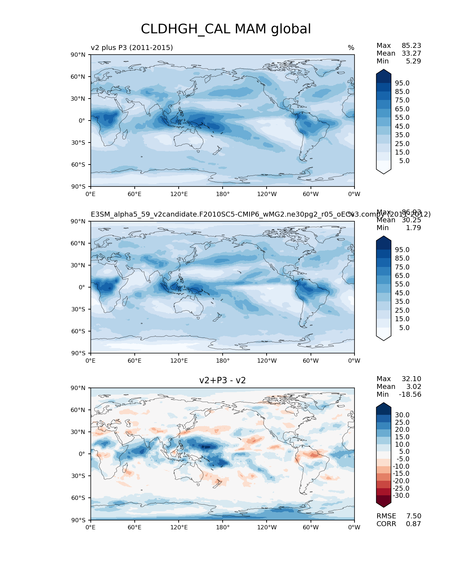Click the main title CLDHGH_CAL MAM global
pos(226,29)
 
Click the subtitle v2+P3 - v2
pos(222,380)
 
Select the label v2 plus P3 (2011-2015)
pos(132,48)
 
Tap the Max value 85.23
pos(411,46)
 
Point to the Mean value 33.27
pos(411,54)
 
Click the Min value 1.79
pos(413,228)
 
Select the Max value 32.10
pos(411,379)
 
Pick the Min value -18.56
pos(410,395)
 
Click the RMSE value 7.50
pos(413,516)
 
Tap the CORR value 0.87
pos(413,524)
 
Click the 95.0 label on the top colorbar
pos(402,83)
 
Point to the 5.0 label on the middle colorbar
pos(404,328)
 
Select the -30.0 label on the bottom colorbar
pos(401,496)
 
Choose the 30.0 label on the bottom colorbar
pos(402,415)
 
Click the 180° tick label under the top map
pos(223,194)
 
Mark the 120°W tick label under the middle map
pos(267,361)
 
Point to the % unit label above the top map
pos(351,48)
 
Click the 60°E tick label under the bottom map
pos(135,528)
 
